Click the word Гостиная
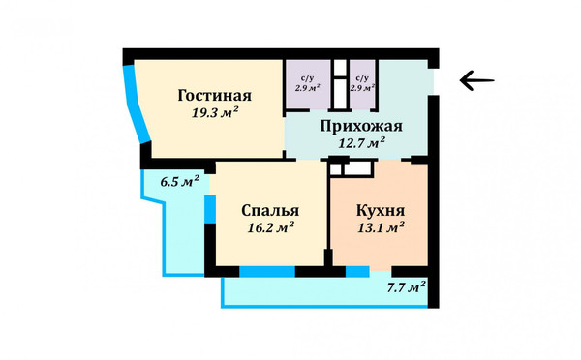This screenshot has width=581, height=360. tap(215, 96)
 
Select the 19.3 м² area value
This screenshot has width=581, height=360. tap(215, 112)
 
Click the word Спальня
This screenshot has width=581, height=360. tap(269, 211)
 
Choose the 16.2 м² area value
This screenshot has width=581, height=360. tap(270, 228)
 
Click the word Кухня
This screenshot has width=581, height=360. tap(380, 211)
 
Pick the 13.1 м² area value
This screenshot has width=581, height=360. tap(380, 228)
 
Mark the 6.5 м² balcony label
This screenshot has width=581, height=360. tap(179, 181)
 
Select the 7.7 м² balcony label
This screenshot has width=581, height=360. tap(406, 286)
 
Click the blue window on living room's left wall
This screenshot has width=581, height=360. tap(136, 106)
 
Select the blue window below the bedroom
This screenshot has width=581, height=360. tap(266, 272)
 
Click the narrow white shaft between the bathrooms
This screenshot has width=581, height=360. tap(340, 85)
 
